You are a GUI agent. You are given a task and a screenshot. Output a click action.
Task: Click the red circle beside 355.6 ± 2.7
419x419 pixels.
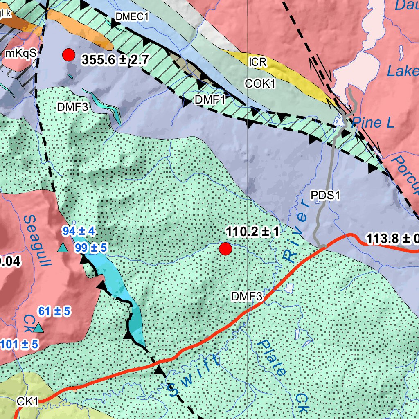69,54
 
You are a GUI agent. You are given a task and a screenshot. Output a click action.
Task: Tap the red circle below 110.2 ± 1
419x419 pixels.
225,249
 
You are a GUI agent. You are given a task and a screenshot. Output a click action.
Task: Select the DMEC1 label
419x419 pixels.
132,17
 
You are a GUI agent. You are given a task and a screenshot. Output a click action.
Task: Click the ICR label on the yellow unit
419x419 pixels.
258,62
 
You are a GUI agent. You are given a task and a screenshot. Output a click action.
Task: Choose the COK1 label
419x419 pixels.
260,83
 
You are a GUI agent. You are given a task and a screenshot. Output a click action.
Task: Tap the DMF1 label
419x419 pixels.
210,99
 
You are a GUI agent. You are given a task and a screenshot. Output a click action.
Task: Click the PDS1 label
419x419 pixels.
326,196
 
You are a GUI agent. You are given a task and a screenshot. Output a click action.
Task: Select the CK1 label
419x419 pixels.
27,402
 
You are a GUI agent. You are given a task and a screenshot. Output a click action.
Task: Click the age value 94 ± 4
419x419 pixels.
79,231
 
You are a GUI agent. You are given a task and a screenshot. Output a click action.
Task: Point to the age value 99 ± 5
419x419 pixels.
90,248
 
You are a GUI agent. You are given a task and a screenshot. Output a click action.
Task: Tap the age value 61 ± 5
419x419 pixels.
54,312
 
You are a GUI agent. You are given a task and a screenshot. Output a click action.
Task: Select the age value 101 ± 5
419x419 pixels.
20,345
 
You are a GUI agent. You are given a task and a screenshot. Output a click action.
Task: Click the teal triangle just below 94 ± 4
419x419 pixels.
62,248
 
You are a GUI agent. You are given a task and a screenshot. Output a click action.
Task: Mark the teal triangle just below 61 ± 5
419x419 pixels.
38,328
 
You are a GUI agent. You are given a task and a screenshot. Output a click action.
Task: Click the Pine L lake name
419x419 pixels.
373,122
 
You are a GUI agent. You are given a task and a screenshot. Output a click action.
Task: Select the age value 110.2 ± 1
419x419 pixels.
252,232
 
